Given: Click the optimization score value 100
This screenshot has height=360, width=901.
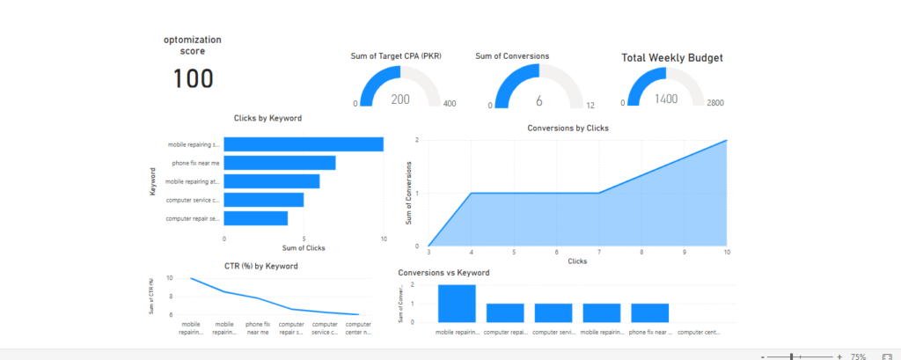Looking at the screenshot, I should tap(193, 79).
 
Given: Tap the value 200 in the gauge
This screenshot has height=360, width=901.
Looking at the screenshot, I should tap(400, 99).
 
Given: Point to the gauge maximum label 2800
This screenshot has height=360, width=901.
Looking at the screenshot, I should tap(715, 104).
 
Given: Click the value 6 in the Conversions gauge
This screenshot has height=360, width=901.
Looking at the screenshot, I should tap(538, 99).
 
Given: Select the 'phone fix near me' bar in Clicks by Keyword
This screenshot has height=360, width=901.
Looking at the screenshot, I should tap(280, 163).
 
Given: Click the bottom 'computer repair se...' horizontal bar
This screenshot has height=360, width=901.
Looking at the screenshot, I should tap(256, 217).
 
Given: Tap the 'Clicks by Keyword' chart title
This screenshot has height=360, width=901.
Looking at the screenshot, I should tap(269, 118).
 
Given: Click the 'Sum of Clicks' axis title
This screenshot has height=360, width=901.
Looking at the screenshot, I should tap(303, 247).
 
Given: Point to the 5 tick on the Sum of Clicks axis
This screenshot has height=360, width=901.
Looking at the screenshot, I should tap(304, 239).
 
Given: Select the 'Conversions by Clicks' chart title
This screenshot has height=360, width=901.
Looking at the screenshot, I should tap(568, 128).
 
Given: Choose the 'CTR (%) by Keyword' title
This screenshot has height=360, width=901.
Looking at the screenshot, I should tap(261, 266).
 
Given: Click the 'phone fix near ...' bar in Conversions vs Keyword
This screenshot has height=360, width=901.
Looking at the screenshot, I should tap(650, 313).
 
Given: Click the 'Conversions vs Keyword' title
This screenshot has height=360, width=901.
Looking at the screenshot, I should tap(443, 273).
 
